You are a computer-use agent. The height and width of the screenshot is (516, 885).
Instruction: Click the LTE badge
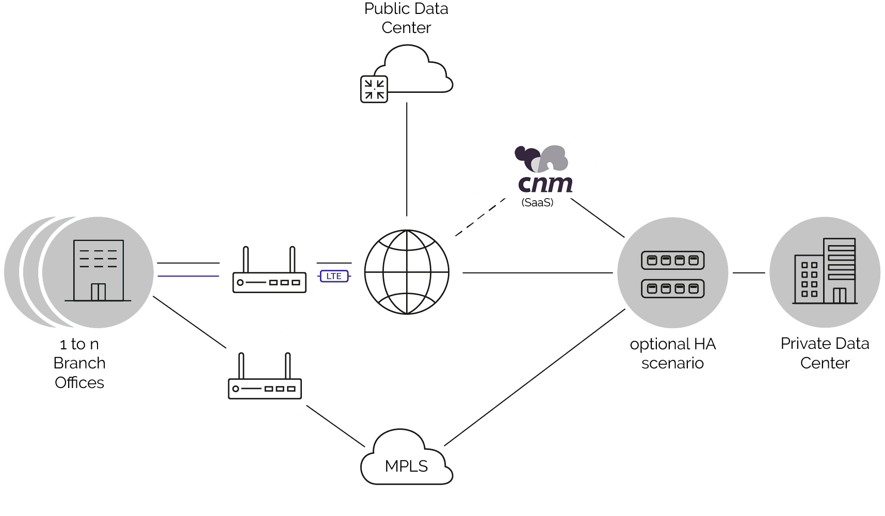334,276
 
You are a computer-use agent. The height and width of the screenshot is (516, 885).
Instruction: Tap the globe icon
407,272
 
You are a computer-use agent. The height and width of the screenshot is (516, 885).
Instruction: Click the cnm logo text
545,183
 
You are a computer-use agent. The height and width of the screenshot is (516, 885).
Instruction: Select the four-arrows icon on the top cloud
374,89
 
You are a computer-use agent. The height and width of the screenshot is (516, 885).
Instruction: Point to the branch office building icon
98,270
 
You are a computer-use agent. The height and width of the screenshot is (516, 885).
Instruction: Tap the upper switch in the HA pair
672,261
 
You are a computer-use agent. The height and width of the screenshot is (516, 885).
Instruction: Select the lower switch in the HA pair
672,288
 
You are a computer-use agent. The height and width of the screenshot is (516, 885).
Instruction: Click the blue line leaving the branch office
188,277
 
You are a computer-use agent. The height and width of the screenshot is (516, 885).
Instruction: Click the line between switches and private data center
748,272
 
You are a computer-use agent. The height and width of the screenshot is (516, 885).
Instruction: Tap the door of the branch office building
98,292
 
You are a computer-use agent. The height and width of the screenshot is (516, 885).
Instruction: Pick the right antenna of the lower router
288,368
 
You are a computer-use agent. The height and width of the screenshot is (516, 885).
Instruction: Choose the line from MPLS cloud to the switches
532,379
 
